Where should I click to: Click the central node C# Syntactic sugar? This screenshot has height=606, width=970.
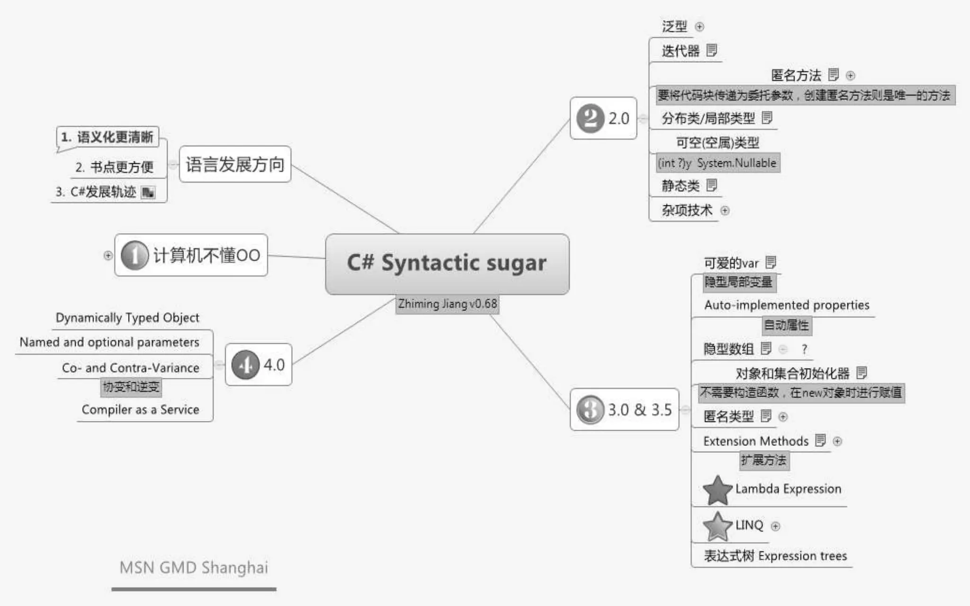pyautogui.click(x=447, y=264)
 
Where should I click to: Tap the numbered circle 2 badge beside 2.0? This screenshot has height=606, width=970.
pyautogui.click(x=590, y=118)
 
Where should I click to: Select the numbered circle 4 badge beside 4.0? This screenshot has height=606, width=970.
pyautogui.click(x=245, y=365)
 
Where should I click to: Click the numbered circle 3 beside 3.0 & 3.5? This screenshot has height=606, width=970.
pyautogui.click(x=590, y=410)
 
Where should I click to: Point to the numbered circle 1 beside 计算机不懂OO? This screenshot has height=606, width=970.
pyautogui.click(x=135, y=255)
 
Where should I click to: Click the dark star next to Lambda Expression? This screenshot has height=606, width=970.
pyautogui.click(x=718, y=490)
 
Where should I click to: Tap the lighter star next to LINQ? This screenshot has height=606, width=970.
pyautogui.click(x=717, y=526)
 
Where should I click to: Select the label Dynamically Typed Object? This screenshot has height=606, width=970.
pyautogui.click(x=127, y=318)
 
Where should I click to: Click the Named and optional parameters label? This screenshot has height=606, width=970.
pyautogui.click(x=109, y=342)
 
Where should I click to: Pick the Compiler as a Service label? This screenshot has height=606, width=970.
pyautogui.click(x=140, y=410)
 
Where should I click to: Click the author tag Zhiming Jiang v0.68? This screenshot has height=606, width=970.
pyautogui.click(x=448, y=304)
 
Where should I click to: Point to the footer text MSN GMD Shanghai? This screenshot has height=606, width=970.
pyautogui.click(x=194, y=567)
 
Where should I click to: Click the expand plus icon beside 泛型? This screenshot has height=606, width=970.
pyautogui.click(x=700, y=27)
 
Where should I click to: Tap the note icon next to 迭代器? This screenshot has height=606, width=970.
pyautogui.click(x=711, y=50)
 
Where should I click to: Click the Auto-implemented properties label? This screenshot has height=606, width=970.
pyautogui.click(x=787, y=305)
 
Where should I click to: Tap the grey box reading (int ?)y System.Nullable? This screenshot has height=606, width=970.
pyautogui.click(x=717, y=163)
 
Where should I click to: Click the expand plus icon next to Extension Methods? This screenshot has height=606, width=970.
pyautogui.click(x=837, y=441)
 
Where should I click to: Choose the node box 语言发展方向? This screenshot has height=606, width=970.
pyautogui.click(x=235, y=164)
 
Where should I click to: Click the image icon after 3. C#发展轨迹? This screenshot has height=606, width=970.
pyautogui.click(x=148, y=192)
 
